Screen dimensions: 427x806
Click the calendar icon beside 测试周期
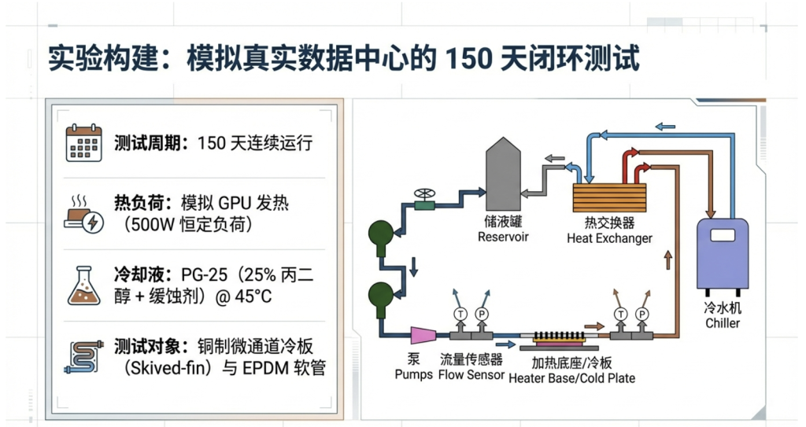click(x=83, y=142)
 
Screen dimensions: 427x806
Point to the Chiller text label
click(x=722, y=323)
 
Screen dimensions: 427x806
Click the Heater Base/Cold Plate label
click(x=571, y=377)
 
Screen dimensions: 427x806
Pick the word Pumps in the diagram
click(x=413, y=375)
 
